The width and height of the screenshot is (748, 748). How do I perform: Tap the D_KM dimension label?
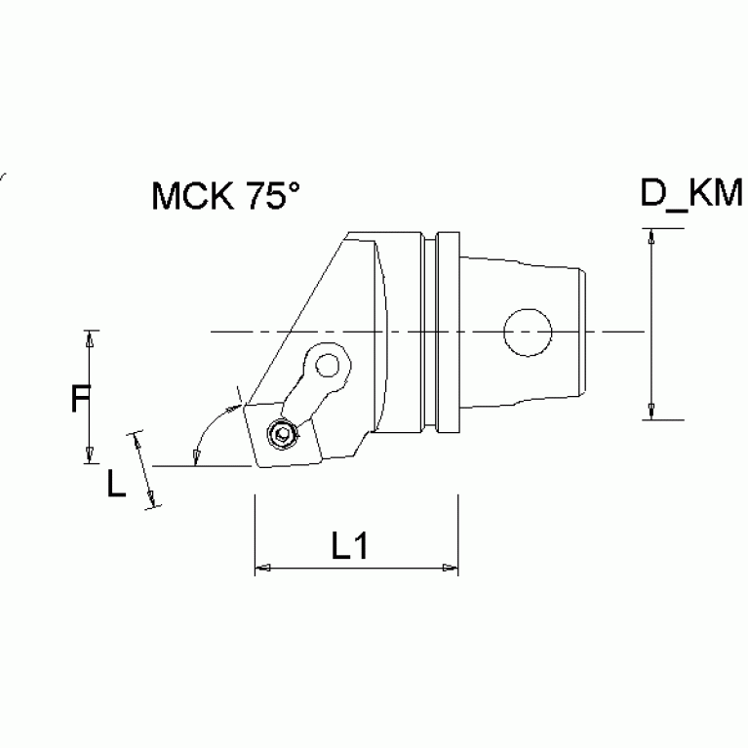coord(690,193)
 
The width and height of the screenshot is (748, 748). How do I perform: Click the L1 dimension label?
coord(349,547)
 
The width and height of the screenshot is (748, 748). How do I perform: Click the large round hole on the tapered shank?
coord(528,333)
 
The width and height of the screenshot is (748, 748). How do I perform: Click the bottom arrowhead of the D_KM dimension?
coord(650,413)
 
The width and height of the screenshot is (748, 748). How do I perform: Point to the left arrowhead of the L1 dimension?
coord(261,568)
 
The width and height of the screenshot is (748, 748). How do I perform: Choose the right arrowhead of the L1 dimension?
coord(450,568)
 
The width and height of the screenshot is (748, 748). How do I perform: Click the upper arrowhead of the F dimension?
coord(90,338)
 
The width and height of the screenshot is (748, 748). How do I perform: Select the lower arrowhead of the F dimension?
coord(90,455)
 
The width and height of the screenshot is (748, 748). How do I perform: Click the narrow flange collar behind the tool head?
coord(448,332)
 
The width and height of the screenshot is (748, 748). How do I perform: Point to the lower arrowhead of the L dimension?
coord(152,499)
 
